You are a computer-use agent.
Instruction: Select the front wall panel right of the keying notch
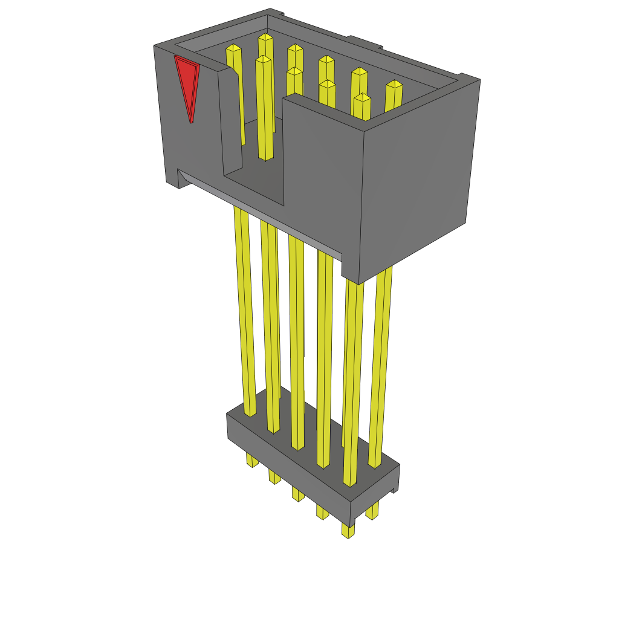(x=320, y=175)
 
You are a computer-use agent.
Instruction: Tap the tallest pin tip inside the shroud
(x=265, y=37)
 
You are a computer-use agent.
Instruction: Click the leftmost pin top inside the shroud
(x=233, y=48)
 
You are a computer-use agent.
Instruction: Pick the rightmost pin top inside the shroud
(x=394, y=84)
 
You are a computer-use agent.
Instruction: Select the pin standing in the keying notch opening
(x=264, y=109)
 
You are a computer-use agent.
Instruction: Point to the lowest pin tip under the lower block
(x=348, y=533)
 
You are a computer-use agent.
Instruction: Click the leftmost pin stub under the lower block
(x=252, y=461)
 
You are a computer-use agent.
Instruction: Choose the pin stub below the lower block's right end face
(x=372, y=513)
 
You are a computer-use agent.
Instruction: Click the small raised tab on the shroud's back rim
(x=363, y=43)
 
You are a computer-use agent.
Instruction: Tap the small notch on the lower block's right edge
(x=395, y=490)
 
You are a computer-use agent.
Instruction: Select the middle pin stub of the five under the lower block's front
(x=298, y=494)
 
